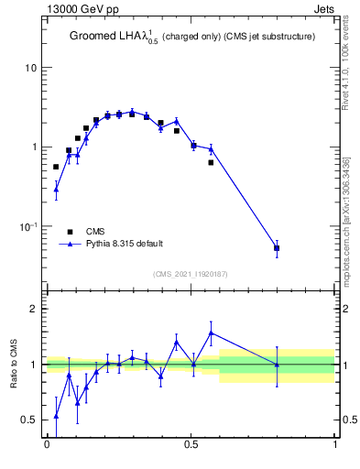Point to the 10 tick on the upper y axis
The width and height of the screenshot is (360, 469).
[x=32, y=69]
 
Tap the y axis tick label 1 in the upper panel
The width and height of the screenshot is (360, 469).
[x=35, y=147]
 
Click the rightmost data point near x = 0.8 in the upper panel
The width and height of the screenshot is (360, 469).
[x=277, y=248]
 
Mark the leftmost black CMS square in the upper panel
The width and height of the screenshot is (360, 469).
[x=56, y=167]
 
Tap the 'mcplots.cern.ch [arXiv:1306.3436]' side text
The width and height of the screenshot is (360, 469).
[x=345, y=220]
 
